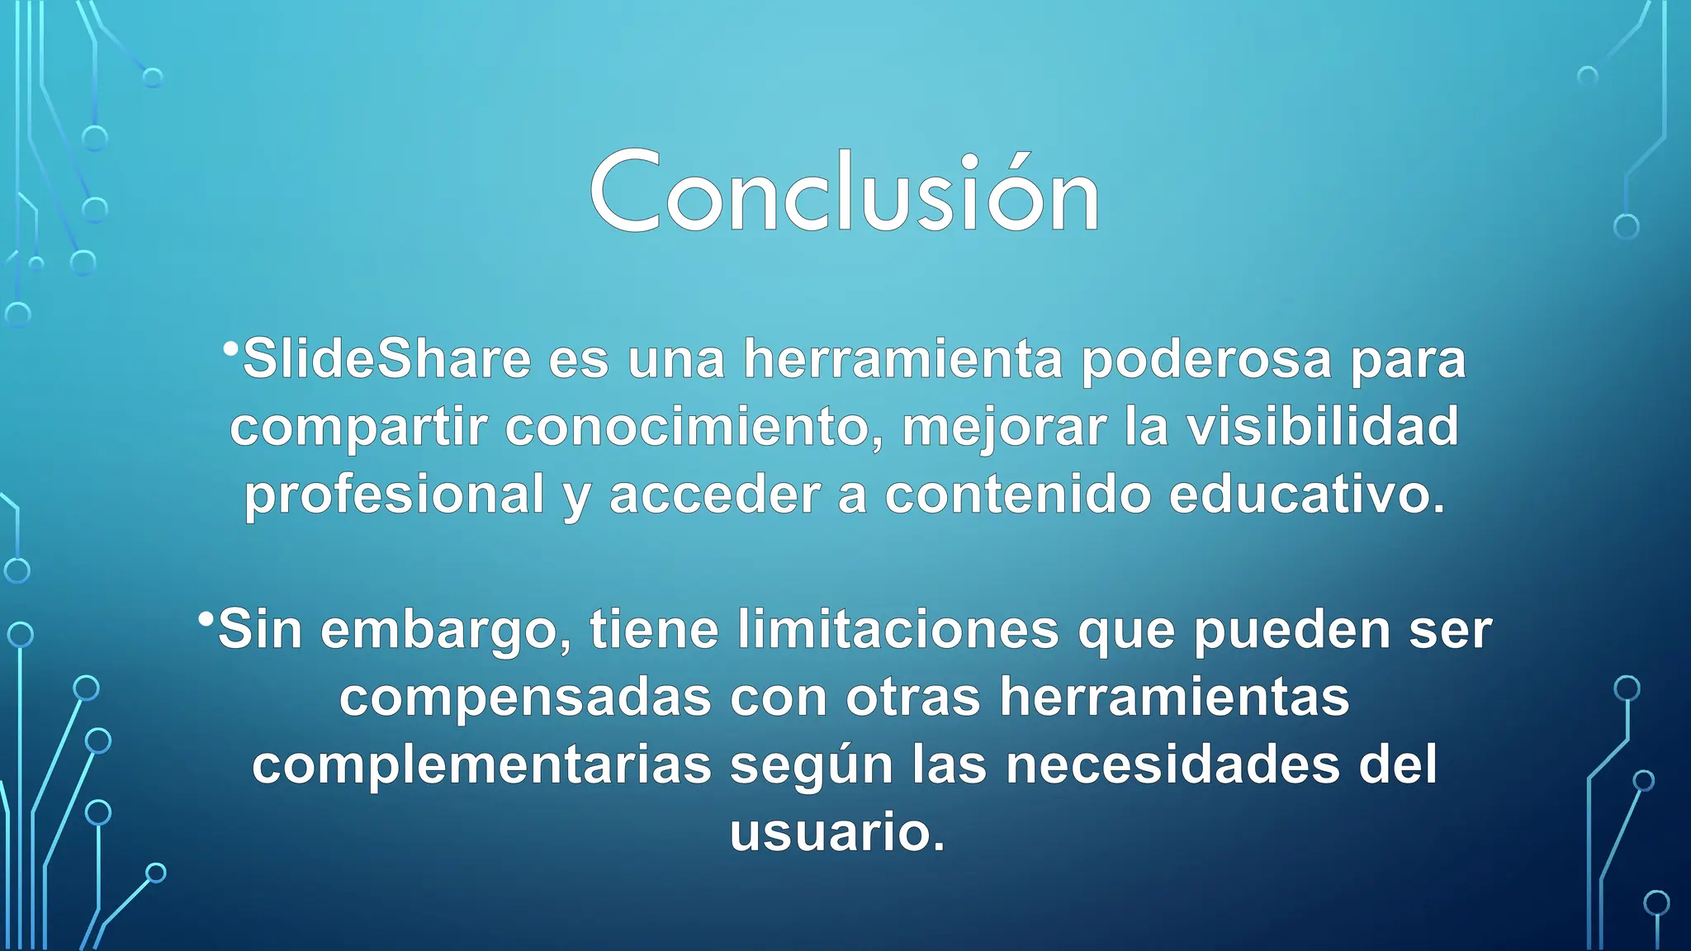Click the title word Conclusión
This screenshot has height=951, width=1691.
pyautogui.click(x=844, y=194)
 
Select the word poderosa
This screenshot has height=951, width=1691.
pyautogui.click(x=1206, y=360)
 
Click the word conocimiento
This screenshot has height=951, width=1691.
pyautogui.click(x=694, y=428)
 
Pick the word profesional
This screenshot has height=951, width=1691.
pyautogui.click(x=395, y=494)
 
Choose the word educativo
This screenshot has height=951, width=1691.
pyautogui.click(x=1307, y=494)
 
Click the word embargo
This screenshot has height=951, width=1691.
pyautogui.click(x=446, y=631)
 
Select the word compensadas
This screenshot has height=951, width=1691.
pyautogui.click(x=525, y=698)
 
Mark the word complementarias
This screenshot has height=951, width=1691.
pyautogui.click(x=481, y=765)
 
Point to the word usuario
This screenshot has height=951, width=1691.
pyautogui.click(x=836, y=832)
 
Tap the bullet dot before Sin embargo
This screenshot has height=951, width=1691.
pyautogui.click(x=206, y=618)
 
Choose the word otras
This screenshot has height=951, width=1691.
pyautogui.click(x=913, y=698)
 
